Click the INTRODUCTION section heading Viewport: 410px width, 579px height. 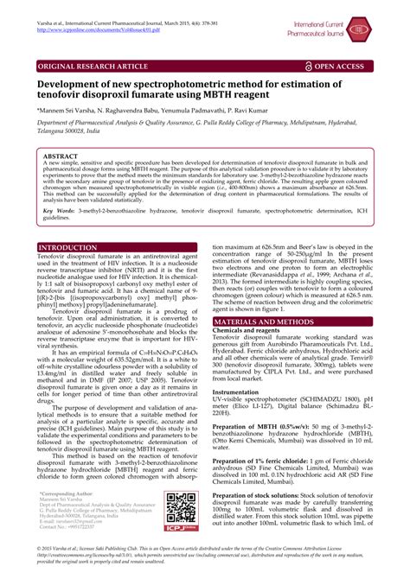pyautogui.click(x=67, y=247)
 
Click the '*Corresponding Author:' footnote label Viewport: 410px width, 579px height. pyautogui.click(x=67, y=493)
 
